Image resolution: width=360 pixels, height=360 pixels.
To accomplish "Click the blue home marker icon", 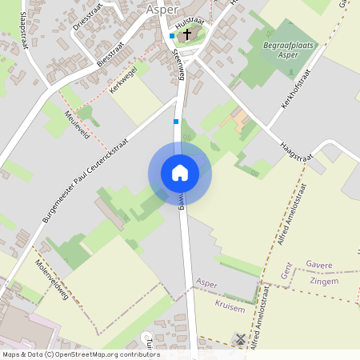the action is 179,173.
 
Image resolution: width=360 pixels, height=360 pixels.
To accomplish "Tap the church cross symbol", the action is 186,35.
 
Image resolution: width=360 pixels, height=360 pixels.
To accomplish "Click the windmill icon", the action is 238,339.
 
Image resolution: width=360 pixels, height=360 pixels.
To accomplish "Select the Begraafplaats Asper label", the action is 286,52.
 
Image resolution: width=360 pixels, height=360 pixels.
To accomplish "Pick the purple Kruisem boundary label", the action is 229,306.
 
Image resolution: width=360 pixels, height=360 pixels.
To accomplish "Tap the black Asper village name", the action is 163,9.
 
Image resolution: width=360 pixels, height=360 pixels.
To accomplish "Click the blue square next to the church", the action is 172,36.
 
